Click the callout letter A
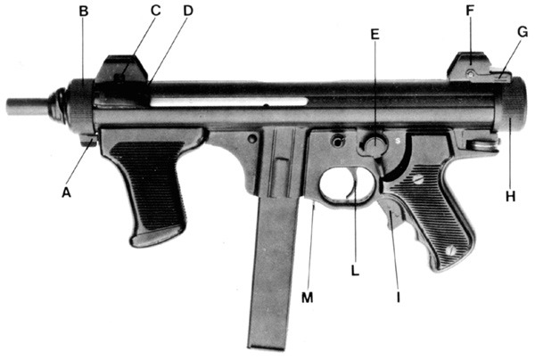pyautogui.click(x=66, y=192)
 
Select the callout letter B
pyautogui.click(x=84, y=12)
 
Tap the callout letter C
pyautogui.click(x=155, y=11)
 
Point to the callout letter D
pyautogui.click(x=188, y=11)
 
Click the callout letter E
pyautogui.click(x=374, y=34)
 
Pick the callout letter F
pyautogui.click(x=470, y=11)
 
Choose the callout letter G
pyautogui.click(x=523, y=32)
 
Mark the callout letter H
pyautogui.click(x=510, y=196)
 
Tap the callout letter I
pyautogui.click(x=399, y=298)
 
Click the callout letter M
pyautogui.click(x=307, y=298)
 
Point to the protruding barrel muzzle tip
pyautogui.click(x=7, y=106)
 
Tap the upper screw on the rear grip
pyautogui.click(x=419, y=179)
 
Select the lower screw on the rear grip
pyautogui.click(x=451, y=250)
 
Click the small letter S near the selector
pyautogui.click(x=398, y=140)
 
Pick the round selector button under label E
pyautogui.click(x=374, y=144)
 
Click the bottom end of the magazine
pyautogui.click(x=267, y=347)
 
